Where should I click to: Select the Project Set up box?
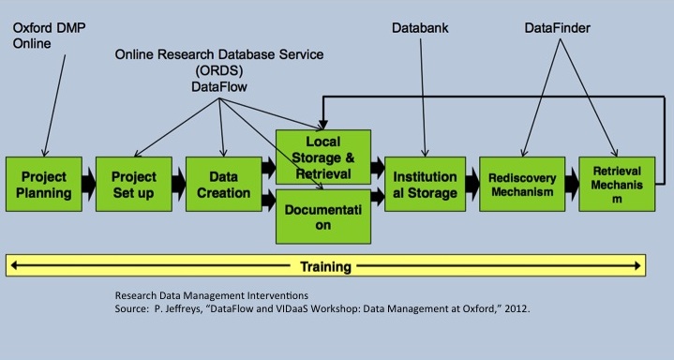pos(133,184)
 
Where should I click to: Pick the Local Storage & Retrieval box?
pos(322,157)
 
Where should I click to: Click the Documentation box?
pos(322,215)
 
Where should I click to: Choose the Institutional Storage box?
pos(425,184)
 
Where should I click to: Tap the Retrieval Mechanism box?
pos(613,184)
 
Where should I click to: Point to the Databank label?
pos(419,29)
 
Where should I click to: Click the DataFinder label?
pos(559,29)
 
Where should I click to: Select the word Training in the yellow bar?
pos(325,266)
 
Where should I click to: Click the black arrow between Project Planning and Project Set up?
pos(88,184)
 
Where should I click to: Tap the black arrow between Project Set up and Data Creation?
pos(178,184)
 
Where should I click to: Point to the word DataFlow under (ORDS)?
pos(218,85)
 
